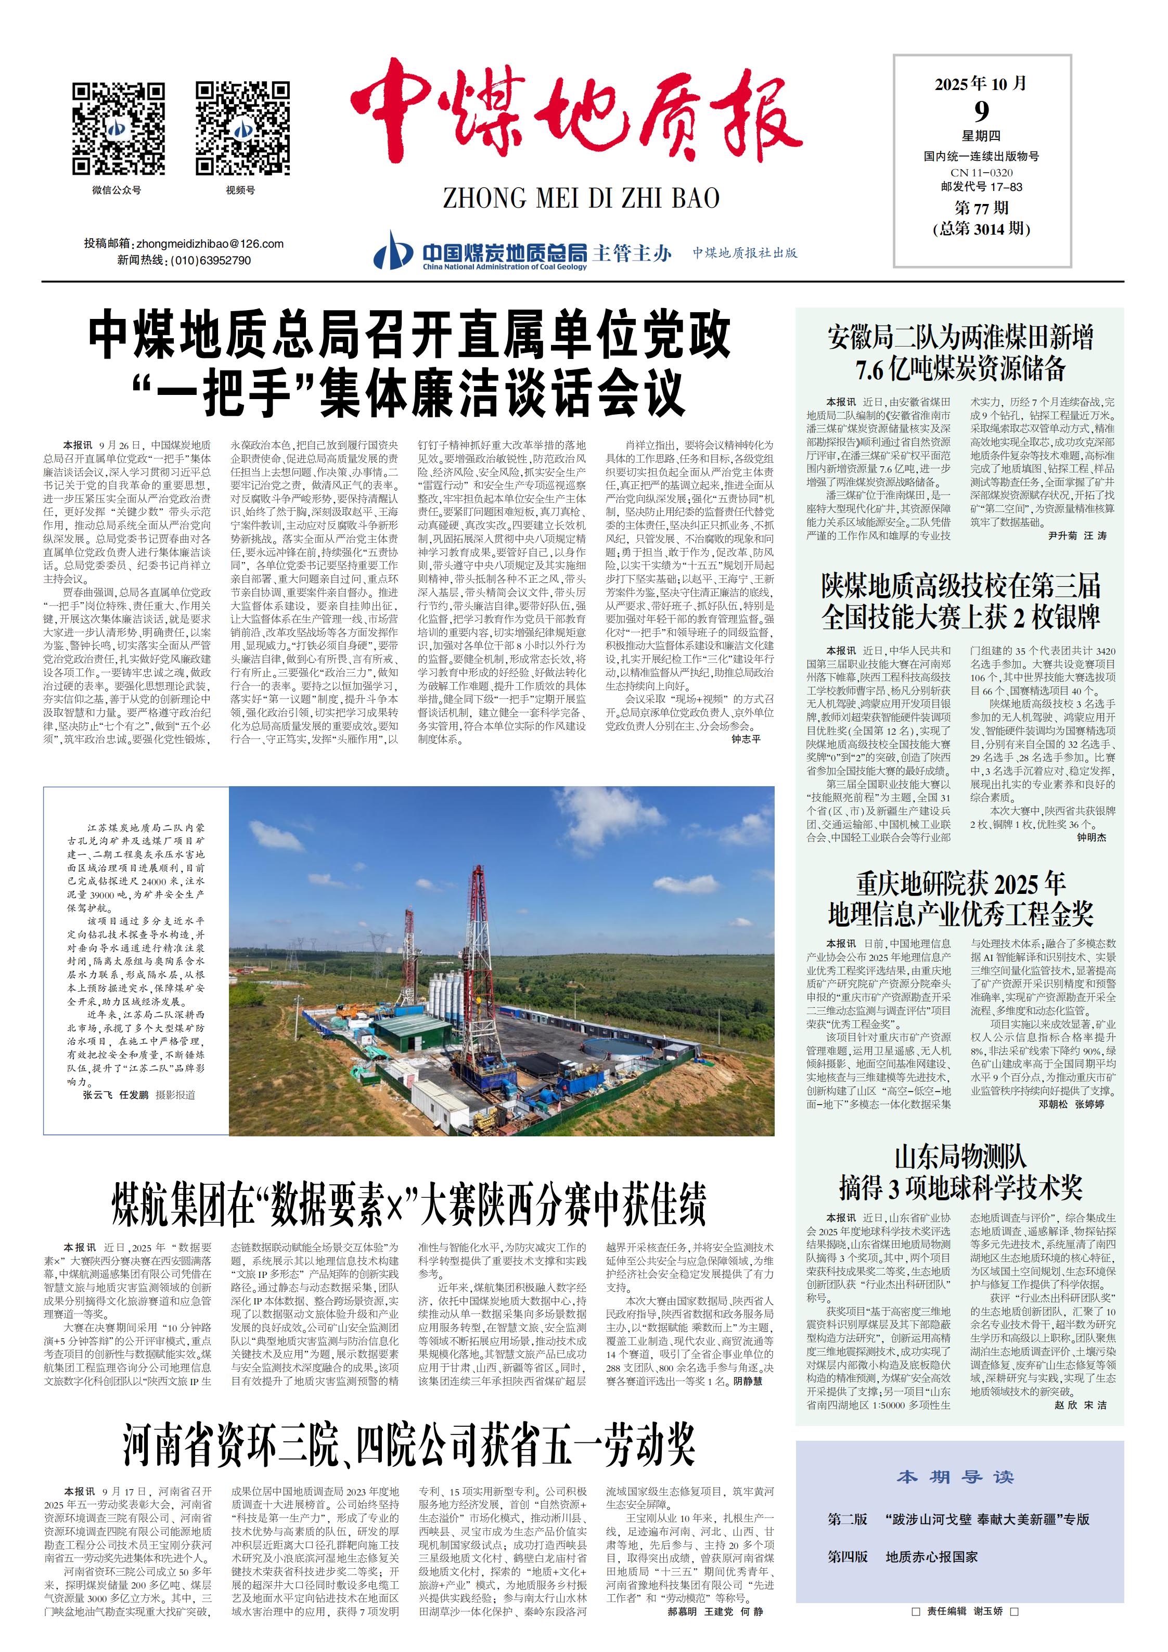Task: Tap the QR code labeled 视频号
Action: tap(242, 129)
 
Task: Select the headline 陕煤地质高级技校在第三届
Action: tap(960, 586)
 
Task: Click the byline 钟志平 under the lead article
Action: tap(746, 739)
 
